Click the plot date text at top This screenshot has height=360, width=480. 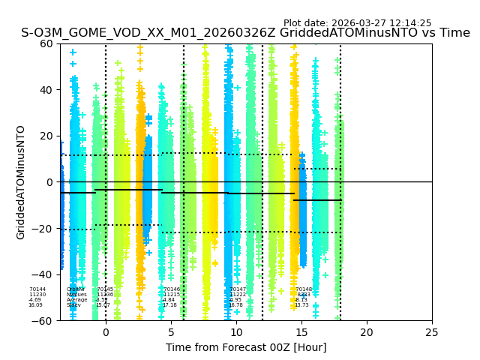pos(357,23)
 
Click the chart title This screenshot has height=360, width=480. pos(245,33)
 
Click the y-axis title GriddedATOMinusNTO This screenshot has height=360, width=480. pos(21,182)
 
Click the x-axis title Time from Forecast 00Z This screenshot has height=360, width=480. pos(246,347)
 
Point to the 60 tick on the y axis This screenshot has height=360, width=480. pos(46,43)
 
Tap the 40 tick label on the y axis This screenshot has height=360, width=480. pos(46,90)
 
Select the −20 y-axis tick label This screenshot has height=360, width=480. pos(43,229)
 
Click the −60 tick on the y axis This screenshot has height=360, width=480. pos(43,321)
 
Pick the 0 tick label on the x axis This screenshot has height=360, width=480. pos(105,332)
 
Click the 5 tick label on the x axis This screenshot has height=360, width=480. pos(171,332)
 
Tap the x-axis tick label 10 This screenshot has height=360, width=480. pos(236,332)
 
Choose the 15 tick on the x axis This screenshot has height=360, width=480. pos(301,332)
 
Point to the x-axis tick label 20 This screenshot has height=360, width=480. pos(367,332)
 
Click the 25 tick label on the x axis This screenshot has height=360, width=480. pos(432,332)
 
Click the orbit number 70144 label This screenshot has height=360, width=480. pos(37,289)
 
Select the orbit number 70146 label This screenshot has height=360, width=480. pos(172,289)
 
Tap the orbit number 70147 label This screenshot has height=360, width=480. pos(238,289)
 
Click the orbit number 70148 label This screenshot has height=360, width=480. pos(304,289)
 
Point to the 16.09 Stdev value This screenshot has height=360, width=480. pos(35,305)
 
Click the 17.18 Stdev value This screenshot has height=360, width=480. pos(169,305)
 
